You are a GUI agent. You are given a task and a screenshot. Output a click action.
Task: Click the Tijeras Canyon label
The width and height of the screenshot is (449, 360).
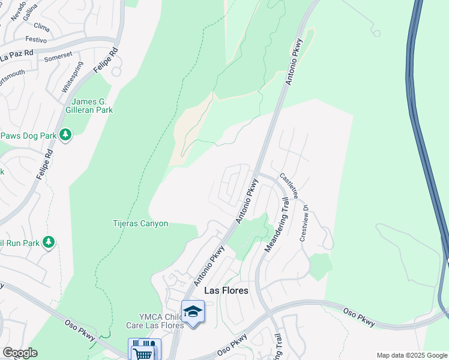point(140,224)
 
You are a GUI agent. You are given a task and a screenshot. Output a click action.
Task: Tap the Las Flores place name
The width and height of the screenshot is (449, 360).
point(226,290)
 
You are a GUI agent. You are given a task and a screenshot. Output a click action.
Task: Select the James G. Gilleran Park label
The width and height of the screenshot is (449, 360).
point(92,106)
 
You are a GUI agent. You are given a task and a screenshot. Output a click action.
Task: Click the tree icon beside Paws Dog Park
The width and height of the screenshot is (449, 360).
point(66,136)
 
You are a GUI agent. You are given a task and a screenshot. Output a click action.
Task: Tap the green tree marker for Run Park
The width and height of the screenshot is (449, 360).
point(49,243)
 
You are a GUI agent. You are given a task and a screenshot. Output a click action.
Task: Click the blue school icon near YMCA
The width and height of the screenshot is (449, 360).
point(193,312)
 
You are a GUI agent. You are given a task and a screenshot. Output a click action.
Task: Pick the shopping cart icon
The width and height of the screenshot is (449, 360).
point(143,352)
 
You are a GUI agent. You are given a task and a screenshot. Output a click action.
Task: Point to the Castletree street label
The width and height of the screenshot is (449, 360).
point(289,186)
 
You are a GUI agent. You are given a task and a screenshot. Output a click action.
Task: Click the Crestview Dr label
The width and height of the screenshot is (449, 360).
point(304,223)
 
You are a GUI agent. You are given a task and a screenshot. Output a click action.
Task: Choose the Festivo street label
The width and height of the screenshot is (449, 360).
point(37,40)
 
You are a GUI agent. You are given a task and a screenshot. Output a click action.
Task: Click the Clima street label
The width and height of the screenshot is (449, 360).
point(42,27)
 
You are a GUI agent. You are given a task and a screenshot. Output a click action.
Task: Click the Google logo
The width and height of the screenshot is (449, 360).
point(19,353)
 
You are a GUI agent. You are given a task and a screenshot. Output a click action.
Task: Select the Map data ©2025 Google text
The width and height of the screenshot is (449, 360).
point(412,355)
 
